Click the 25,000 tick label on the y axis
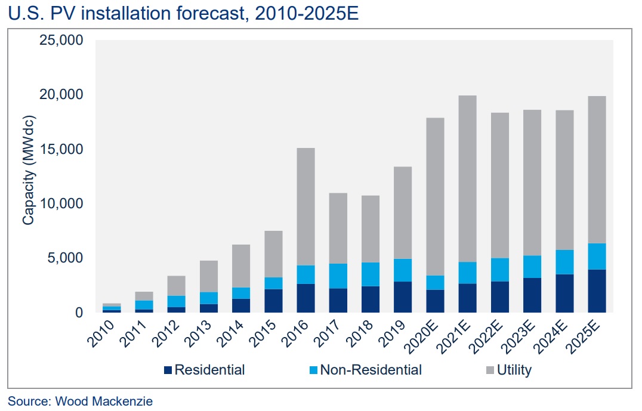coord(61,41)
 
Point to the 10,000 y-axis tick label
coord(61,204)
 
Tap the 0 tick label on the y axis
coord(79,313)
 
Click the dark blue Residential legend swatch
coord(168,370)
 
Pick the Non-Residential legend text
coord(371,370)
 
